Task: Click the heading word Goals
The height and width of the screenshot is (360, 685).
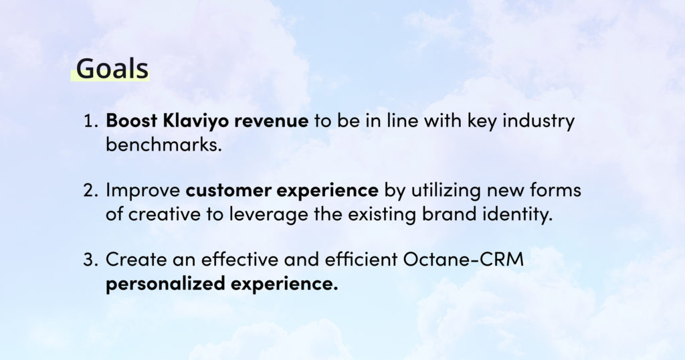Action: [x=112, y=68]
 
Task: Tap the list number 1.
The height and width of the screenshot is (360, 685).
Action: [x=90, y=121]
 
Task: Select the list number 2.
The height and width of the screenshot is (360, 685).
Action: [x=90, y=191]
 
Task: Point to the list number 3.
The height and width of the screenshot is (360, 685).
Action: [x=90, y=260]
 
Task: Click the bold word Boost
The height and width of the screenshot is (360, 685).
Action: [x=132, y=120]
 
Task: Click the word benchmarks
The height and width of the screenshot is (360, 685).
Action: [x=164, y=144]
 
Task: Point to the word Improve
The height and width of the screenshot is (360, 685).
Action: [x=143, y=191]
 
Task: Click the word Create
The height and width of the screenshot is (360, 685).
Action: [x=136, y=260]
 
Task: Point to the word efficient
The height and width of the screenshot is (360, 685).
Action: [x=361, y=259]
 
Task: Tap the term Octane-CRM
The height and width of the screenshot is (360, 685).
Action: [x=463, y=260]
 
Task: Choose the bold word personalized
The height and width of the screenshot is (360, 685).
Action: [x=166, y=284]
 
